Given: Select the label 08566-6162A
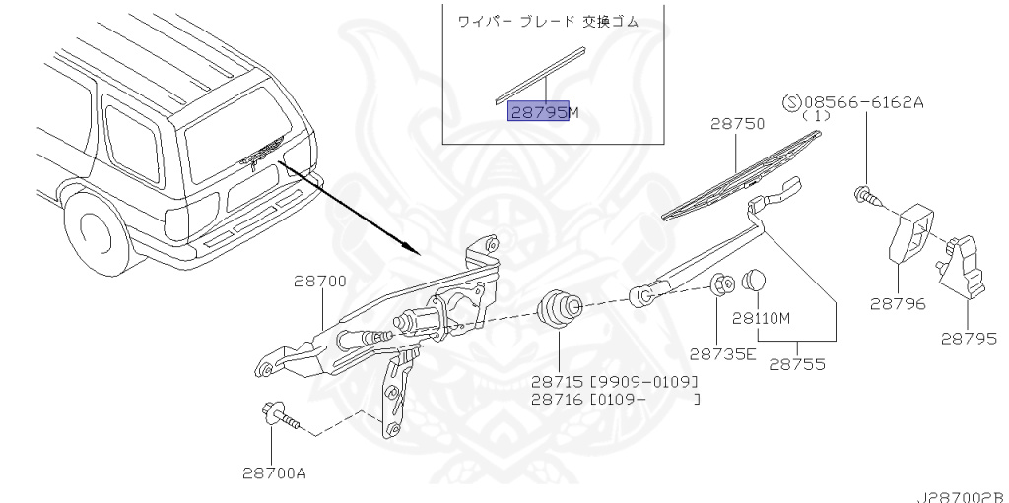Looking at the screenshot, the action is pyautogui.click(x=864, y=101).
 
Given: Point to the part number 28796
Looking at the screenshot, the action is pyautogui.click(x=897, y=304).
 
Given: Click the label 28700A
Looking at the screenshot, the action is pyautogui.click(x=274, y=472).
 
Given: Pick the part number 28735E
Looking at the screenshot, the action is pyautogui.click(x=722, y=353).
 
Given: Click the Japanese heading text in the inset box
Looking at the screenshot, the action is pyautogui.click(x=554, y=20).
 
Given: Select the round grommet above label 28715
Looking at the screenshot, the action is pyautogui.click(x=558, y=307).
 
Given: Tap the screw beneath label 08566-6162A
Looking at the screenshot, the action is pyautogui.click(x=866, y=194).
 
